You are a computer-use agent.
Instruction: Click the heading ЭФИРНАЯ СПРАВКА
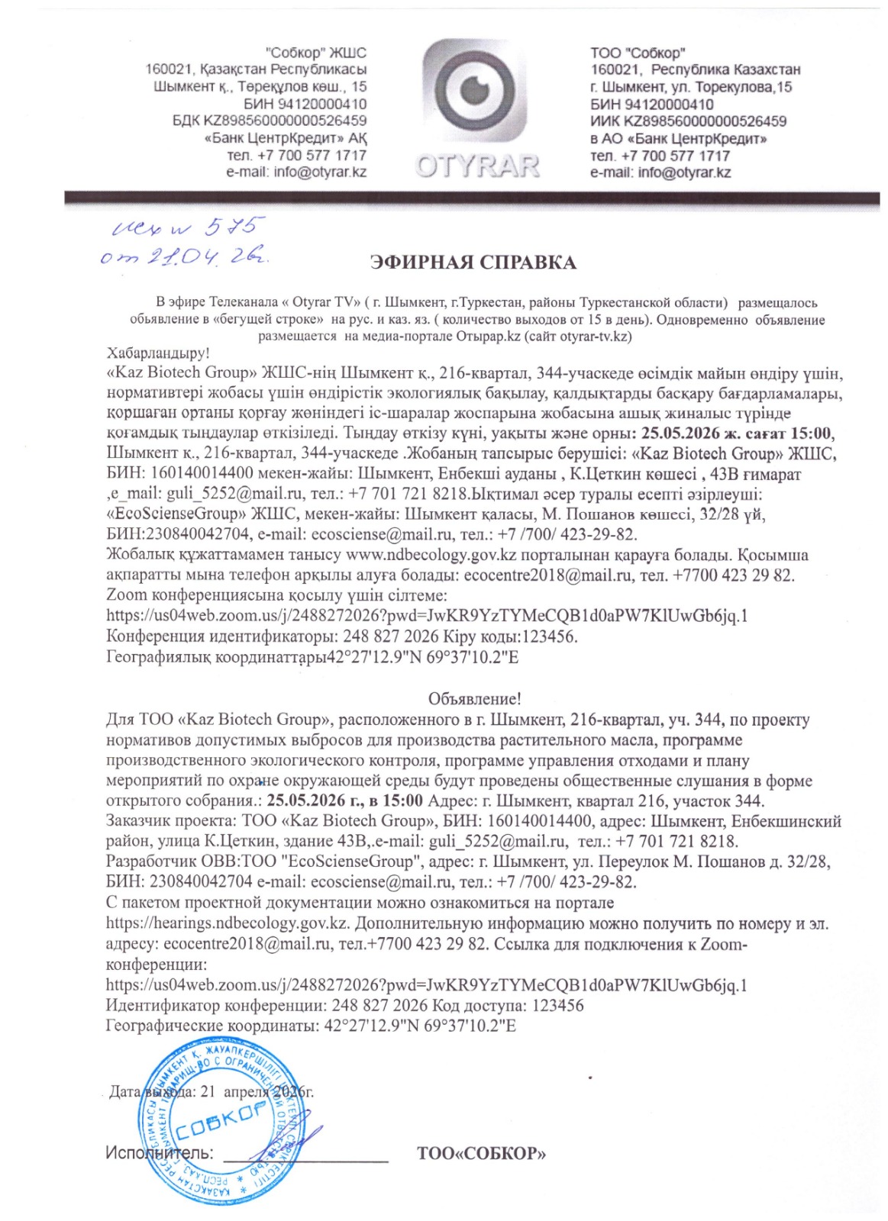tap(473, 263)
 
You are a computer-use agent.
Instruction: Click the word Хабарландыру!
tap(158, 353)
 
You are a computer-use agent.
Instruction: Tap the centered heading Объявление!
tap(474, 698)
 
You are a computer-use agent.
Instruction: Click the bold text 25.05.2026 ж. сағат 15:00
tap(738, 434)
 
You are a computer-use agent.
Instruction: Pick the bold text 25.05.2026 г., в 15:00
tap(345, 801)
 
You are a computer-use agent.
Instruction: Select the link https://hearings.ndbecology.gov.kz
tap(228, 923)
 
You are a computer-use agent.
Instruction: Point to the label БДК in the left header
tap(186, 121)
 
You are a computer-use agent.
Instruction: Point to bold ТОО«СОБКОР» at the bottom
tap(481, 1153)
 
